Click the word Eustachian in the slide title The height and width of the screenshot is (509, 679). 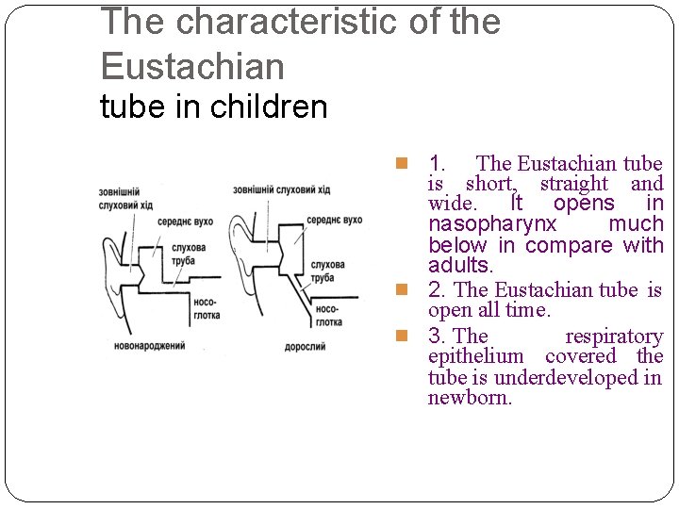coord(192,66)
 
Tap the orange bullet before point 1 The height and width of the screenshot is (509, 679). coord(401,164)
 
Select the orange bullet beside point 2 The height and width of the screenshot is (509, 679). coord(401,290)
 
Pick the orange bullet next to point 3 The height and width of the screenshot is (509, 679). coord(401,336)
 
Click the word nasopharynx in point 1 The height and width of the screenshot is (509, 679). coord(492,225)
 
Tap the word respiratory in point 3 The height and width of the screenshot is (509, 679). coord(614,337)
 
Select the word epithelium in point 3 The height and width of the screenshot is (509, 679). coord(475,356)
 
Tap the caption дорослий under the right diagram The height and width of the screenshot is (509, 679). coord(305,347)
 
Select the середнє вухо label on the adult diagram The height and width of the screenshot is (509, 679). coord(334,221)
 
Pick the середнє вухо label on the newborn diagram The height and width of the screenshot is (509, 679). coord(185,222)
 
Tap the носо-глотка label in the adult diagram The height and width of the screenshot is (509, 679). coord(329,316)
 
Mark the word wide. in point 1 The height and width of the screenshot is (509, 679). coord(452,205)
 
